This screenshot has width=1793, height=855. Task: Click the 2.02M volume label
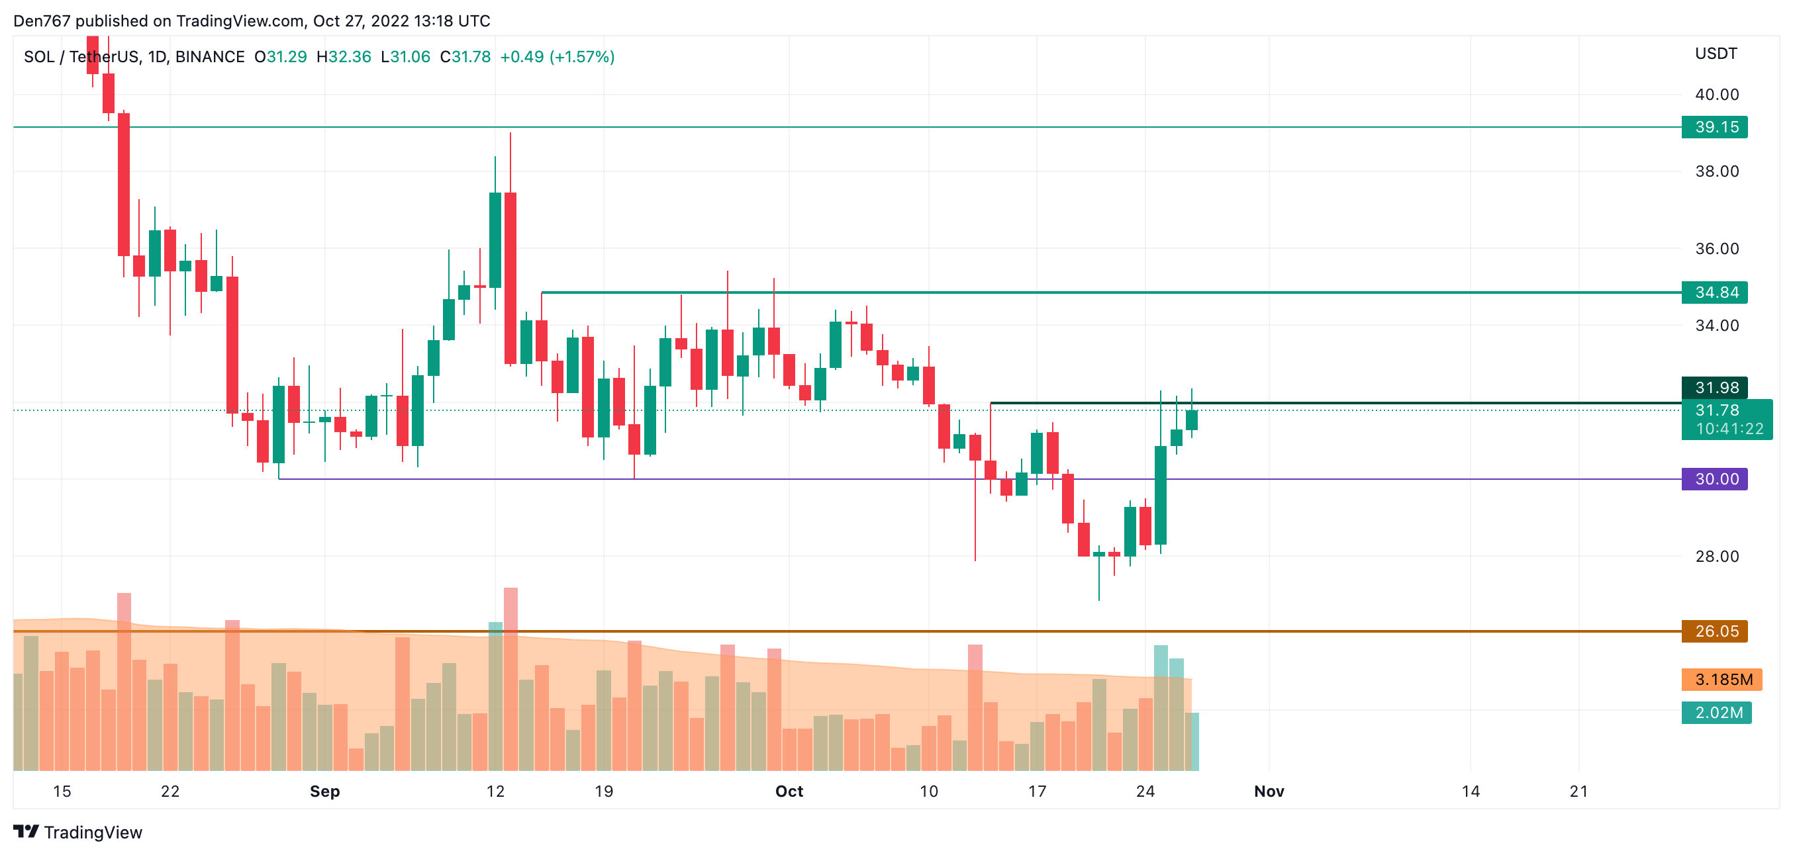[x=1716, y=713]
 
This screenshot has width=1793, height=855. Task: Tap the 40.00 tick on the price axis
[x=1716, y=95]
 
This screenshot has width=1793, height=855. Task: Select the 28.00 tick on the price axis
[x=1716, y=557]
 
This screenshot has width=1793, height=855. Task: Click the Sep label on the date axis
[x=324, y=791]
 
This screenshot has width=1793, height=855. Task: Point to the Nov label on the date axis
[x=1268, y=791]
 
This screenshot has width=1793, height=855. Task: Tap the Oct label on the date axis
[x=789, y=791]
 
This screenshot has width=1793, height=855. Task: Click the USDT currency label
[x=1715, y=54]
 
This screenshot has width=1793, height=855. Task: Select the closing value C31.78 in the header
[x=465, y=57]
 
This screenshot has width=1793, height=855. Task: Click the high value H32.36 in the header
[x=344, y=57]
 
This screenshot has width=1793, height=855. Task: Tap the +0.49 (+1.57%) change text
[x=557, y=57]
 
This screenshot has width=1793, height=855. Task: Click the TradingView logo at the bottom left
[x=78, y=832]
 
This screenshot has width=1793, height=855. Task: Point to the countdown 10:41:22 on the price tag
[x=1729, y=429]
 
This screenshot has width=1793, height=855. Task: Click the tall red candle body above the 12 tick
[x=510, y=279]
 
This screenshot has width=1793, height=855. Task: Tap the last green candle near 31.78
[x=1191, y=420]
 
